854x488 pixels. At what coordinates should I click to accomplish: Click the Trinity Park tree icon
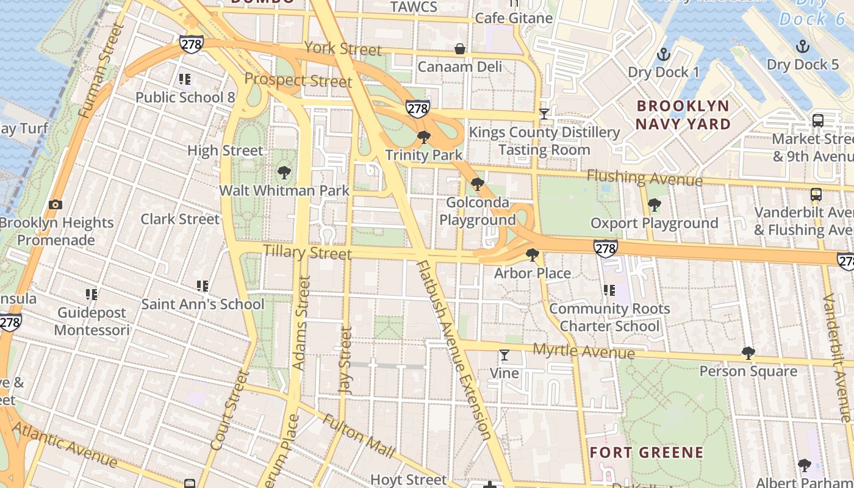pos(423,137)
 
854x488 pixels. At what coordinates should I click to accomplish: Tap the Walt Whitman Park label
pos(284,190)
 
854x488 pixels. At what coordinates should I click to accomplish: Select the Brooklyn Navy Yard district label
pos(683,115)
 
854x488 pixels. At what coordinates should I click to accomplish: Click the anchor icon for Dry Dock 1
pos(663,55)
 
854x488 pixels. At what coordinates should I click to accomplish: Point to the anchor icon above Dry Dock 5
pos(803,46)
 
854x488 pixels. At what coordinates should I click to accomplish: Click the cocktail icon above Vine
pos(504,355)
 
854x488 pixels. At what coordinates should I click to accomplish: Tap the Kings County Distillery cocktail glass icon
pos(544,114)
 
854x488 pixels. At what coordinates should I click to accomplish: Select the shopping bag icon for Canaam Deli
pos(459,49)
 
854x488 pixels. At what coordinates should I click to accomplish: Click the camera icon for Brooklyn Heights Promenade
pos(56,205)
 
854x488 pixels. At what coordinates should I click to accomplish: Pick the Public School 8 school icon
pos(184,79)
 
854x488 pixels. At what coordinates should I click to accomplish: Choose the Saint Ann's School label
pos(203,304)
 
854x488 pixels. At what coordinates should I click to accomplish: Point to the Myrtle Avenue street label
pos(583,351)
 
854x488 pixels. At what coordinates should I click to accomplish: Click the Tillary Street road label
pos(307,252)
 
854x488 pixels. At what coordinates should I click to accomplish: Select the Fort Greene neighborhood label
pos(646,453)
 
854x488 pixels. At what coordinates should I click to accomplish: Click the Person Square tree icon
pos(748,353)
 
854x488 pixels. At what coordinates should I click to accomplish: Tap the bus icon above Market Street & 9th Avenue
pos(817,121)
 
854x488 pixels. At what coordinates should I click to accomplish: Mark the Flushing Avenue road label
pos(644,178)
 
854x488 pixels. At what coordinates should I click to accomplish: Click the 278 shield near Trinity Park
pos(417,109)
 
